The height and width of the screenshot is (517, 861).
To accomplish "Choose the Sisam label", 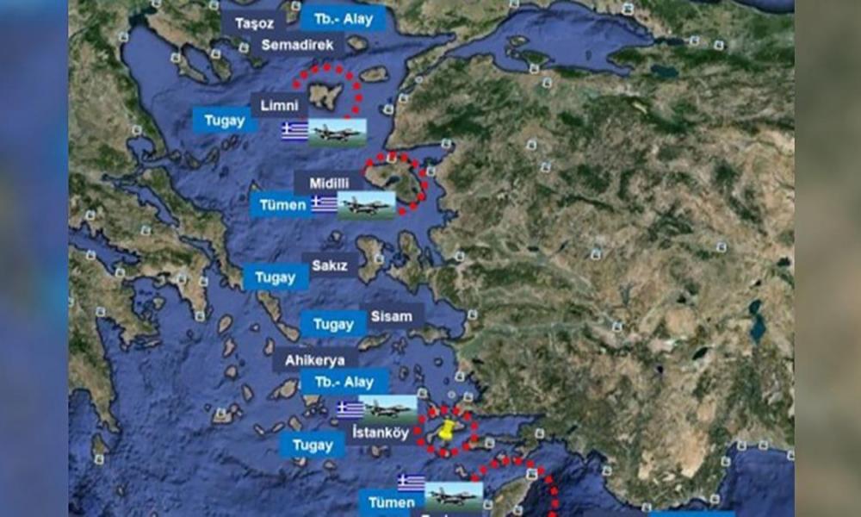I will click(391, 315).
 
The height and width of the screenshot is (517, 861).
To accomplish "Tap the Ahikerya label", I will click(315, 359).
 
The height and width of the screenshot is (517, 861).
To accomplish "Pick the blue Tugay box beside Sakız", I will click(276, 277).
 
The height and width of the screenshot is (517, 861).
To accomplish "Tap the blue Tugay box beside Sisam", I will click(332, 324).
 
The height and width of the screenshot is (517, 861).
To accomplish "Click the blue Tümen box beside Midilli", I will click(282, 205).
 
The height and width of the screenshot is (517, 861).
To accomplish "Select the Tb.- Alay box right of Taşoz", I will click(331, 16).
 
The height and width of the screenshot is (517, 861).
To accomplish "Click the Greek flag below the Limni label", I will click(294, 131).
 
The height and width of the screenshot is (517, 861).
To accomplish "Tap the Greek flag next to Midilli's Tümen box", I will click(324, 204).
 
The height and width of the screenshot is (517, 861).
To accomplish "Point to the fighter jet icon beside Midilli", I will click(367, 204).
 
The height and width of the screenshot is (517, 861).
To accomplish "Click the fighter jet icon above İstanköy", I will click(388, 408).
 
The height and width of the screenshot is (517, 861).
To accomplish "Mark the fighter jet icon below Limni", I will click(338, 132).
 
